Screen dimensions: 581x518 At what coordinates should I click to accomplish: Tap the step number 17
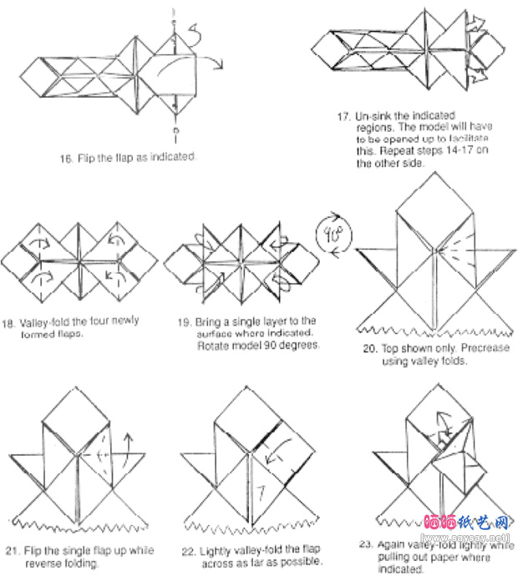point(343,116)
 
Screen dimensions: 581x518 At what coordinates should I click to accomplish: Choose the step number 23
point(365,544)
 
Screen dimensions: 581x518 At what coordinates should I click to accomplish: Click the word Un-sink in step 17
point(372,116)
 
